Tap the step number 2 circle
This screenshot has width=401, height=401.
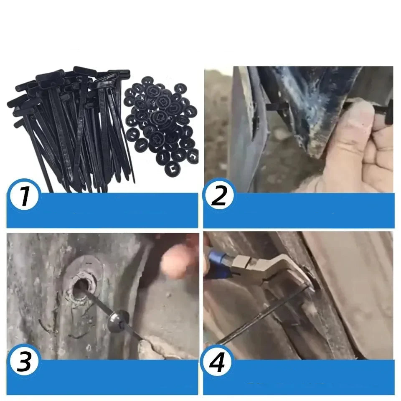[x=218, y=195]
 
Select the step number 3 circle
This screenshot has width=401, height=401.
[x=24, y=361]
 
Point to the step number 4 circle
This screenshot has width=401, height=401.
[x=218, y=361]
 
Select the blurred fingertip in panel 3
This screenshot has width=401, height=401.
[x=176, y=259]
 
